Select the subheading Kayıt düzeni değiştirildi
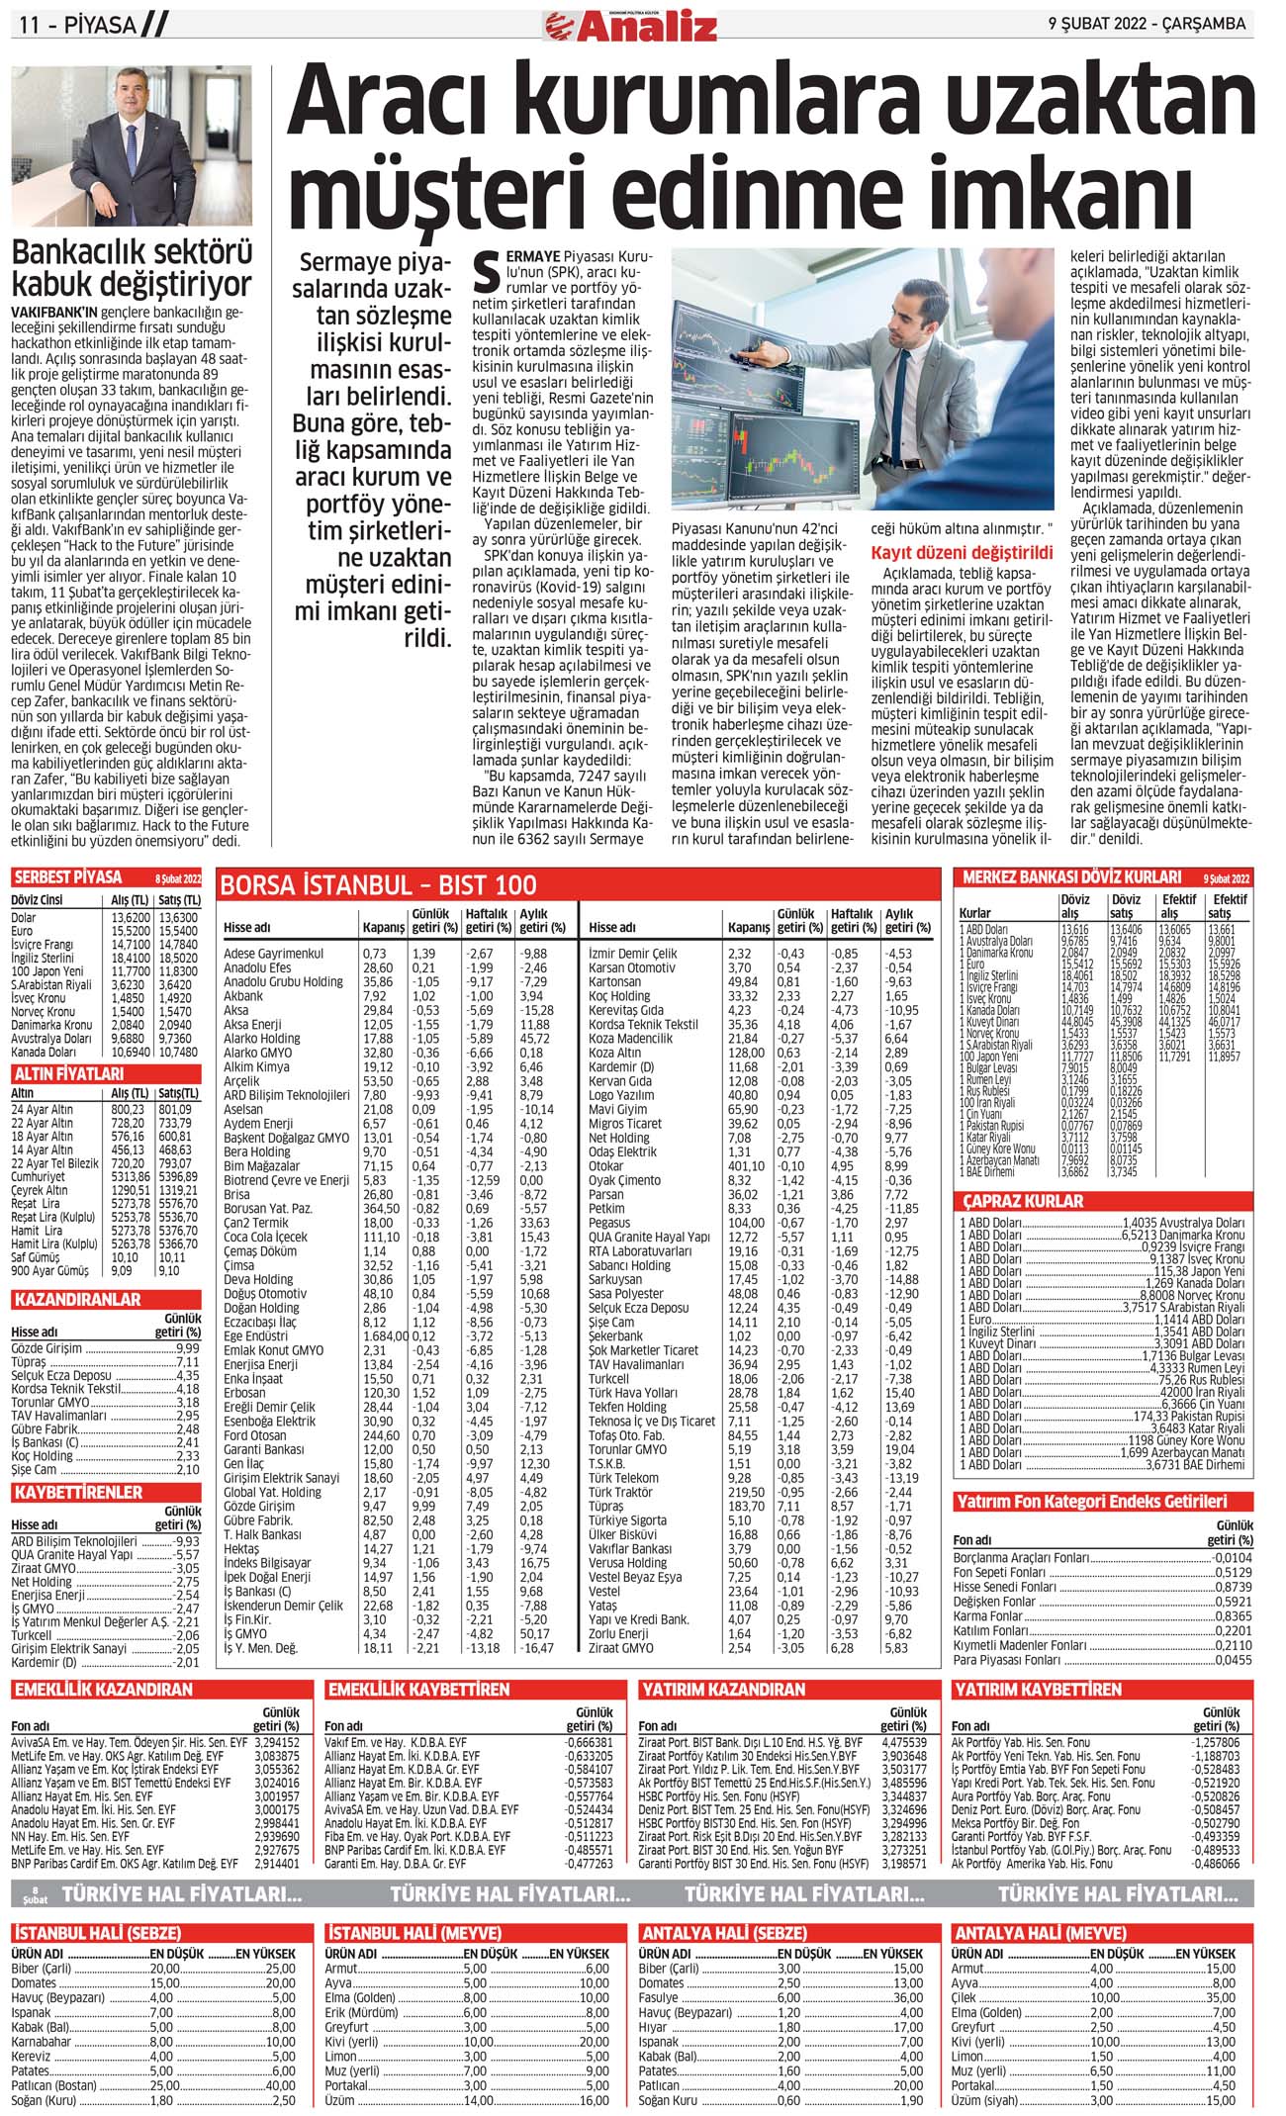click(x=962, y=553)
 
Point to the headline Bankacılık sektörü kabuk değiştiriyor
click(x=132, y=268)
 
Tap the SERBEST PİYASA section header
click(x=68, y=877)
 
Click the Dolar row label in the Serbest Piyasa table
click(x=23, y=918)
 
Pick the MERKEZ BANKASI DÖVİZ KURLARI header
click(x=1071, y=877)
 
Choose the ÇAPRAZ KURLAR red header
click(x=1023, y=1201)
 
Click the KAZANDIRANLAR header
click(x=77, y=1300)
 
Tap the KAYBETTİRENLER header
click(x=78, y=1492)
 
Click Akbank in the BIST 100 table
click(x=243, y=996)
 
